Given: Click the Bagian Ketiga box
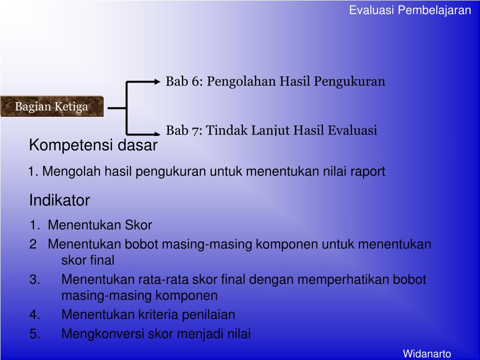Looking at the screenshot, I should [x=52, y=106].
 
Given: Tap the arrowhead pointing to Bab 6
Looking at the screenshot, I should [x=157, y=82].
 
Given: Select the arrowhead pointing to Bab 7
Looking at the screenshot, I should [x=157, y=133].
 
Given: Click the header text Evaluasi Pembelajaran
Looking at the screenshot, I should [x=410, y=10].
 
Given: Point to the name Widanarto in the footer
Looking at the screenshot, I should [x=427, y=353].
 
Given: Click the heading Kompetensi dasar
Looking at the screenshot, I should [x=93, y=146].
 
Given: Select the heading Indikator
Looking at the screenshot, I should [x=60, y=201].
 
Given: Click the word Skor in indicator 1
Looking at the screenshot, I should [x=138, y=225].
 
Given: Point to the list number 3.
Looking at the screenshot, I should [x=35, y=280].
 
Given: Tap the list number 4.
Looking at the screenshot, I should [x=35, y=315].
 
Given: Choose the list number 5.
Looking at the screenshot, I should [x=35, y=334].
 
